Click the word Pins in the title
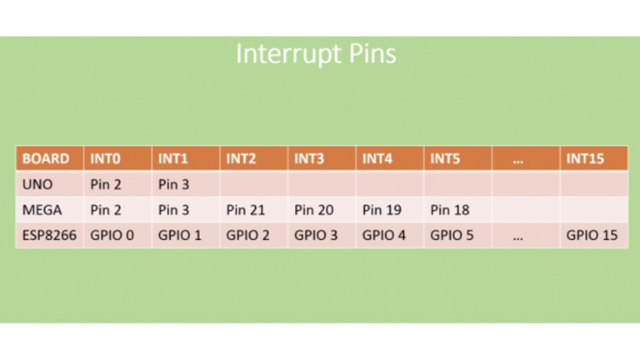(372, 53)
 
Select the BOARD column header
(46, 158)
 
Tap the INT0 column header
(105, 158)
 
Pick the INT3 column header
(309, 158)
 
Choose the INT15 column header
(585, 158)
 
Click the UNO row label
(37, 184)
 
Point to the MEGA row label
(42, 210)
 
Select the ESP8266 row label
(49, 235)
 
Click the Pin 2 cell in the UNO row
(106, 184)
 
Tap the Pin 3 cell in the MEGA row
(174, 210)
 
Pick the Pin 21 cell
(246, 210)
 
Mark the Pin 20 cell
(314, 210)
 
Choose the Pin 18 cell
(450, 210)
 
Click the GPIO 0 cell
(112, 235)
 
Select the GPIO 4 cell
(384, 235)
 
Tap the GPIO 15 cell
(592, 235)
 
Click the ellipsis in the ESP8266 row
(518, 238)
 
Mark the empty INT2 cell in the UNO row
(254, 184)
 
